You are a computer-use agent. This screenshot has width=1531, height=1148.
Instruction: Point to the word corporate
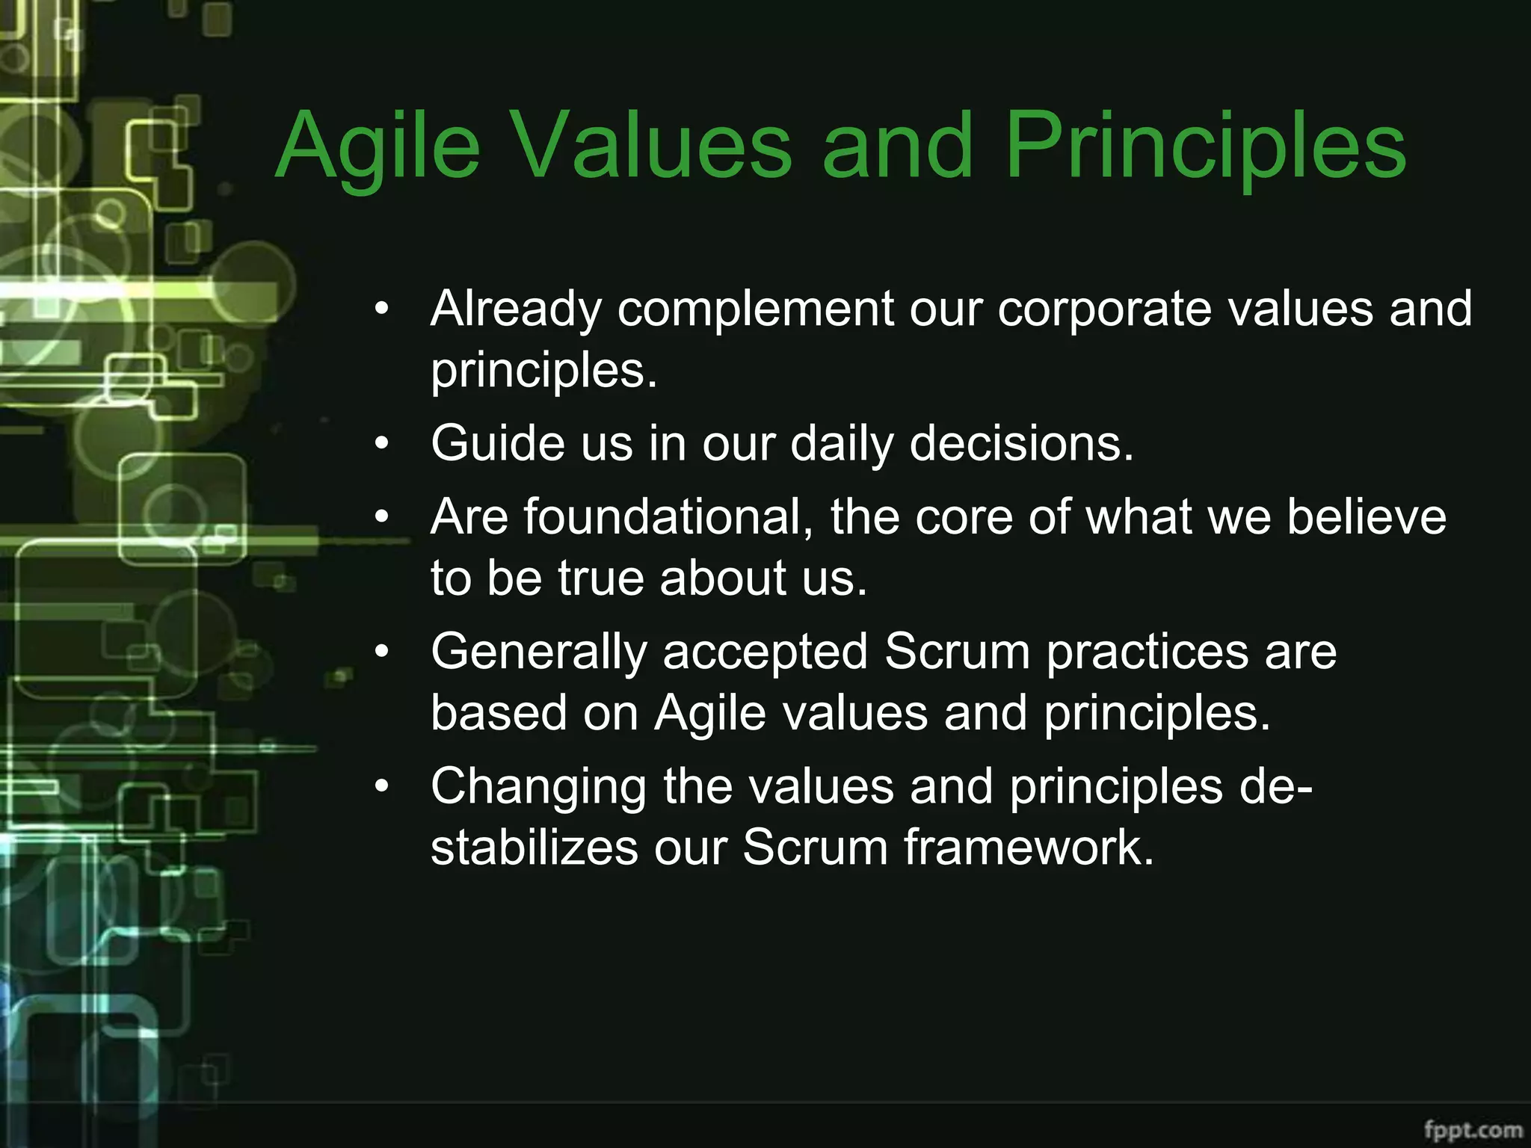coord(1104,309)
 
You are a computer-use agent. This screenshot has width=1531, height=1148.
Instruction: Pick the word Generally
coord(538,652)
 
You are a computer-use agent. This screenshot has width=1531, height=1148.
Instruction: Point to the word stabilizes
coord(535,848)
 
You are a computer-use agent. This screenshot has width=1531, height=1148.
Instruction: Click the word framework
coord(1029,848)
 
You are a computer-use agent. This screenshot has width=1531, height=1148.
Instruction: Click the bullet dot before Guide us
coord(383,444)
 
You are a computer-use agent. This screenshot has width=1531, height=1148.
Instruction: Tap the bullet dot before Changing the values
coord(383,787)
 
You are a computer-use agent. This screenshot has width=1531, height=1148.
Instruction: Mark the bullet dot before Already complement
coord(383,309)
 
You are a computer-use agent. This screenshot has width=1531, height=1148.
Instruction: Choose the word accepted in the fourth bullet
coord(765,652)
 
